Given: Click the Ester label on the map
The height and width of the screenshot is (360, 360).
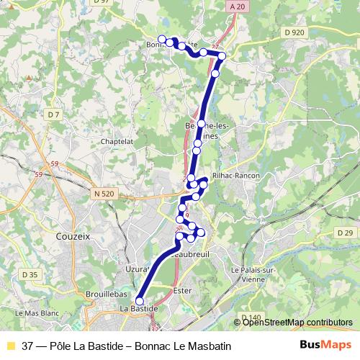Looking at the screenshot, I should click(x=183, y=290).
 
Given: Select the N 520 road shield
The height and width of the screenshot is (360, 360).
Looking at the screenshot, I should click(x=103, y=194).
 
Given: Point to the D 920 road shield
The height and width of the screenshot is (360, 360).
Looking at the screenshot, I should click(x=294, y=32).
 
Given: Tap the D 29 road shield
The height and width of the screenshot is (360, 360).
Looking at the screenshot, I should click(x=345, y=233).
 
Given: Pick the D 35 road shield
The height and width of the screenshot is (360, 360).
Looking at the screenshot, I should click(x=30, y=274).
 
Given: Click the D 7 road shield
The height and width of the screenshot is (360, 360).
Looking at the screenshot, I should click(x=53, y=114).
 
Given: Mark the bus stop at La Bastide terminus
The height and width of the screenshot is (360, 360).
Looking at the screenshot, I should click(x=140, y=302).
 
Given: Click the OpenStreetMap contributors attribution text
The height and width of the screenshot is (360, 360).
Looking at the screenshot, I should click(x=297, y=323).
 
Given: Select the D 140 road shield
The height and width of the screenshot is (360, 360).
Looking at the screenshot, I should click(x=251, y=318).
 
